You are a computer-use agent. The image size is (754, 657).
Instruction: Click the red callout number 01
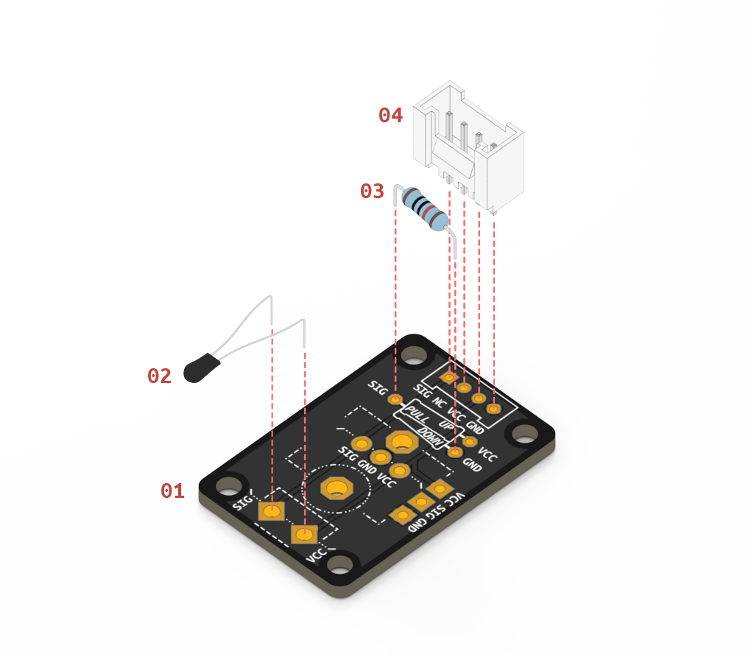pos(172,491)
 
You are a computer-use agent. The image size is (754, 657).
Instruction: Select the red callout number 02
pos(159,376)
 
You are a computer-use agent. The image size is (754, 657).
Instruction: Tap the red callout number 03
pos(372,192)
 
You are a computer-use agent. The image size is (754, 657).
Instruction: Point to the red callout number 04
pos(390,115)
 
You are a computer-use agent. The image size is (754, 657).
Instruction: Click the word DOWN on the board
pos(432,435)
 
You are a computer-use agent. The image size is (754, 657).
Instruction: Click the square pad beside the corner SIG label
pos(272,510)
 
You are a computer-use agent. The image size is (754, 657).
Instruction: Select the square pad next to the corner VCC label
pos(304,533)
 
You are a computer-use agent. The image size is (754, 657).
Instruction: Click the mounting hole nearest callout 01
pos(229,485)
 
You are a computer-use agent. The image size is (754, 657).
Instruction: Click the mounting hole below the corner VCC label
pos(339,566)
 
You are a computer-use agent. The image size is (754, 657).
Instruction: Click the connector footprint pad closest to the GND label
pos(493,408)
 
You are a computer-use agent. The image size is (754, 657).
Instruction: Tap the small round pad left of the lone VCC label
pos(469,442)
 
